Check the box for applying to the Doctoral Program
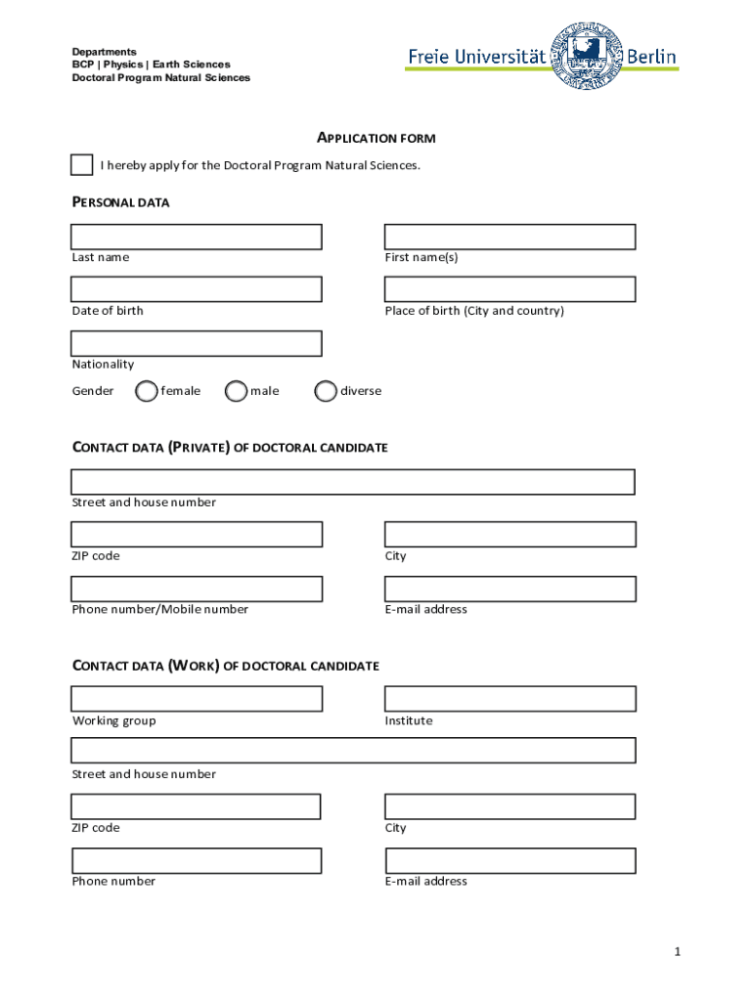[82, 165]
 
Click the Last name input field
[196, 237]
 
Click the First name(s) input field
[509, 237]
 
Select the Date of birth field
[196, 289]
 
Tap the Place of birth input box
[509, 289]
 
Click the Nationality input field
[196, 343]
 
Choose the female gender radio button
[146, 391]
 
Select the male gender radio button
[236, 391]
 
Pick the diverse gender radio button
[326, 391]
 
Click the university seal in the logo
[589, 57]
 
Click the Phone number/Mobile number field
[196, 588]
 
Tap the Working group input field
[196, 698]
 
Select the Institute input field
[509, 698]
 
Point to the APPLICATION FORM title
[376, 139]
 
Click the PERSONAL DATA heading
[120, 202]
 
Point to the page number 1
[675, 952]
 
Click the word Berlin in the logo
[651, 58]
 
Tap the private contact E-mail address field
[509, 588]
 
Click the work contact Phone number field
[196, 860]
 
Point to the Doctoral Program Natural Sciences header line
[160, 78]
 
